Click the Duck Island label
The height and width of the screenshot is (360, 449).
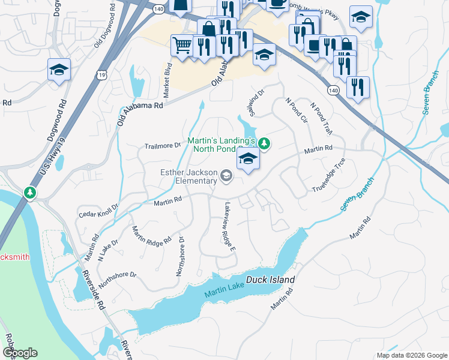(x=274, y=280)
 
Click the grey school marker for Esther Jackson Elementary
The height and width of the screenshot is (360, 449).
(x=226, y=176)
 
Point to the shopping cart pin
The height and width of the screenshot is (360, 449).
(x=181, y=44)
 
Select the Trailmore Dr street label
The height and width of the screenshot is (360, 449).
(x=163, y=146)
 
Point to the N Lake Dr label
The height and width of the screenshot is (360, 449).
(x=108, y=248)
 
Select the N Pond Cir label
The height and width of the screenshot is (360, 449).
(x=296, y=110)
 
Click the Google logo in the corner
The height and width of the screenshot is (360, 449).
(x=20, y=352)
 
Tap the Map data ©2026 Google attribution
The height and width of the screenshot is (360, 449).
(x=411, y=355)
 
